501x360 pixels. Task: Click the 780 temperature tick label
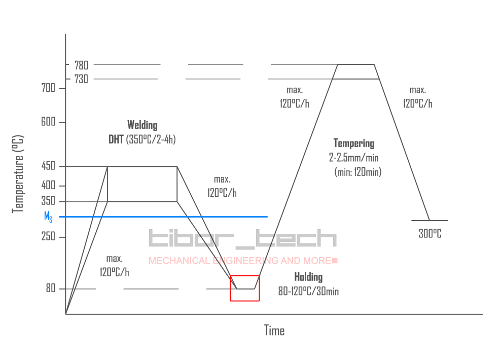81,65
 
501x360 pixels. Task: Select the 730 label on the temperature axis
81,79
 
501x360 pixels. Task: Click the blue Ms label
48,217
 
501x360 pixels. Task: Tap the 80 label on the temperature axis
50,289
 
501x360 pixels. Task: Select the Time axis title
274,331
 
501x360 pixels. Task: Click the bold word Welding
142,125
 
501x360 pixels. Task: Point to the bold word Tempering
354,143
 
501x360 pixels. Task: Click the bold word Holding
308,277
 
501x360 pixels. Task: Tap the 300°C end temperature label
430,234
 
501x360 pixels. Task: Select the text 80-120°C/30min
308,292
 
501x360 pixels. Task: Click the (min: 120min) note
358,172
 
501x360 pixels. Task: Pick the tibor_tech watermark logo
243,239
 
